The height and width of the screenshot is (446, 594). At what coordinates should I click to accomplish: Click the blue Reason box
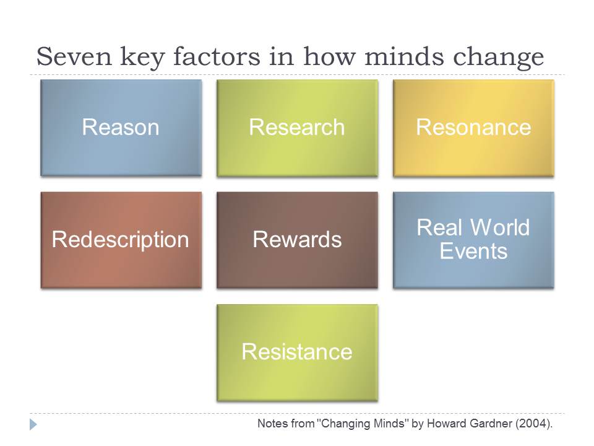[121, 128]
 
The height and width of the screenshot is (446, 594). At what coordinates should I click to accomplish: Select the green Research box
[297, 128]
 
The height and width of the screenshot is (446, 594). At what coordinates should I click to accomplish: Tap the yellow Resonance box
[473, 128]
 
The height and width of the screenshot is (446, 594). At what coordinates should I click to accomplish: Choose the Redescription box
[121, 240]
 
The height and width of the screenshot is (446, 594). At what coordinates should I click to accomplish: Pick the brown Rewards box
[297, 240]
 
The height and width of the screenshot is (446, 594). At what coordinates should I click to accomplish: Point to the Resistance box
[297, 352]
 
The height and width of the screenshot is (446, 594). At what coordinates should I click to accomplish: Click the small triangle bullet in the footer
[33, 424]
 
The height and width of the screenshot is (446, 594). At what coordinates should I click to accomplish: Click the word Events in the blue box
[473, 251]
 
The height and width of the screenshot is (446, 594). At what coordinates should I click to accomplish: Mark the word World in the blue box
[499, 227]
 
